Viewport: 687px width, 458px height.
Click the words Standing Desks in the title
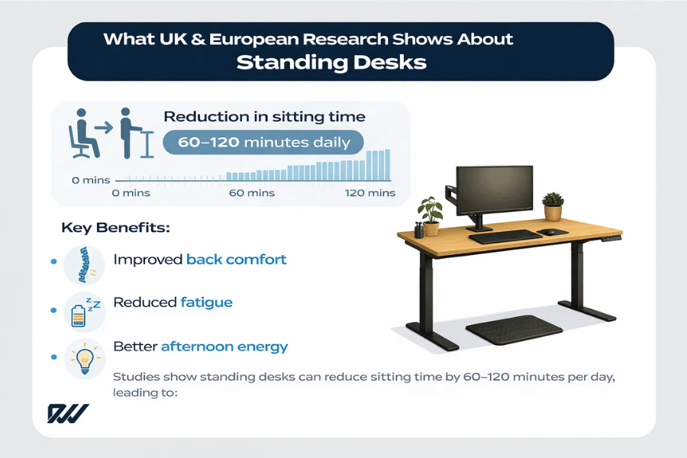coord(331,62)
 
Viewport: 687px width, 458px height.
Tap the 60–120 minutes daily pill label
coord(263,142)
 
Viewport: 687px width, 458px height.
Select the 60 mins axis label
coord(251,193)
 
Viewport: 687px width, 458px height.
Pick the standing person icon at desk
coord(131,132)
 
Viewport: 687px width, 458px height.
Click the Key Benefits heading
coord(115,227)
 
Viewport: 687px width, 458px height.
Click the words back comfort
coord(236,260)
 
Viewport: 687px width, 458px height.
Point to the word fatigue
coord(206,302)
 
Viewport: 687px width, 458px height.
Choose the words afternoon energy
coord(224,347)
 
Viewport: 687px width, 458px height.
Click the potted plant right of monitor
coord(553,206)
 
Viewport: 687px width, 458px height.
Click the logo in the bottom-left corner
coord(69,412)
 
